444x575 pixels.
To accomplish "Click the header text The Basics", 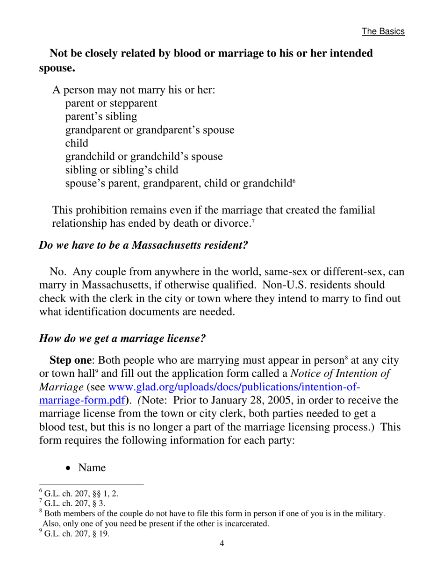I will click(383, 31).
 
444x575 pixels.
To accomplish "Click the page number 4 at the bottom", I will click(222, 543).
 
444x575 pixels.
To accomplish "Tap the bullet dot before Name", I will click(69, 468).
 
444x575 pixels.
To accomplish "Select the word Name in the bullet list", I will click(92, 467).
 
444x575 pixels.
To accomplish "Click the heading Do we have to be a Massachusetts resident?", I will click(143, 244).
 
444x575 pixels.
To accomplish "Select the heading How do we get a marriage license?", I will click(122, 338).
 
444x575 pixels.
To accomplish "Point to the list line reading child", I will click(77, 143).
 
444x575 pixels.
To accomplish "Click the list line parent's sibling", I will click(101, 116).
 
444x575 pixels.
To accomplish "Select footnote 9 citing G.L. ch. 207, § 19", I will click(76, 533).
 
